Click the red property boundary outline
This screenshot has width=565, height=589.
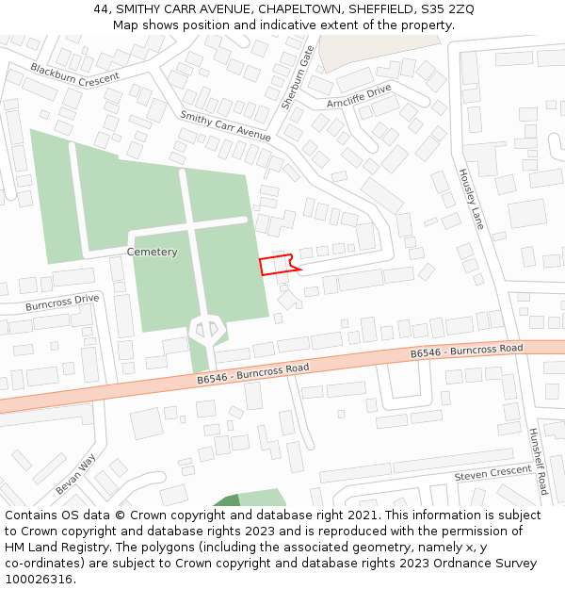tap(275, 265)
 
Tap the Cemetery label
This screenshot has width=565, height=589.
tap(152, 252)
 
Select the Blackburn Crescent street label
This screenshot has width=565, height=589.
tap(74, 75)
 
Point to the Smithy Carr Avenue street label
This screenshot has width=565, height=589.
tap(225, 125)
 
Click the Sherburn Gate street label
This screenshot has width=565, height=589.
tap(296, 77)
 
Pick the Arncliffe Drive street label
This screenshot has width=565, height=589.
tap(359, 95)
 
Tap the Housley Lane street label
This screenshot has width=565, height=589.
tap(470, 199)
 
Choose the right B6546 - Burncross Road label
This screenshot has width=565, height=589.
tap(466, 351)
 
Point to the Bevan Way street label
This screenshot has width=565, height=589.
tap(75, 474)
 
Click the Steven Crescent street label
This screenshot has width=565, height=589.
tap(493, 474)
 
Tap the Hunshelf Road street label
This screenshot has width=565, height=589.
tap(538, 462)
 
